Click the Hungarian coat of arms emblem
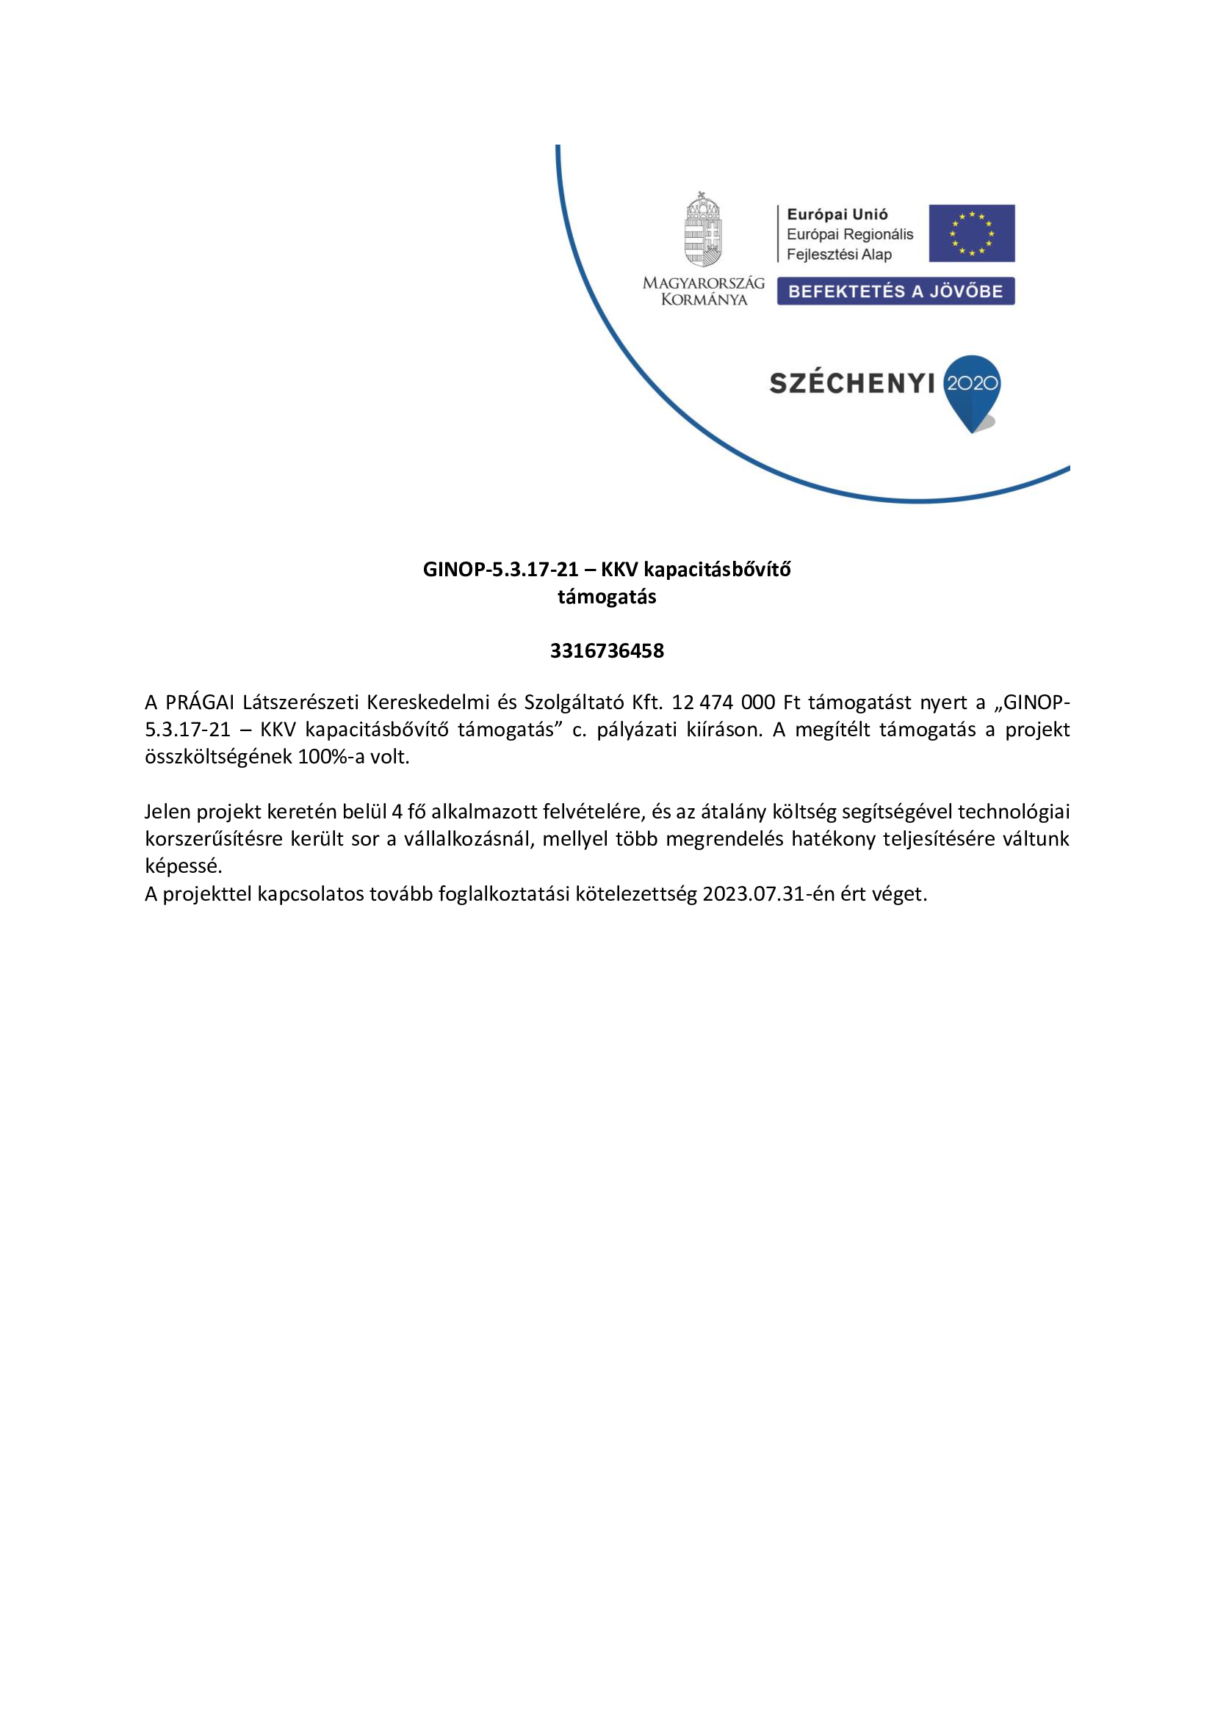point(703,230)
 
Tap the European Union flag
point(971,233)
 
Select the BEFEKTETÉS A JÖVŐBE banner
point(895,291)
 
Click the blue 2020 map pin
point(972,391)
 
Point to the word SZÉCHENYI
point(852,385)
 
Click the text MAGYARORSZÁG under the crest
point(703,283)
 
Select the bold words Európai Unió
point(837,214)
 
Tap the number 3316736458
point(607,650)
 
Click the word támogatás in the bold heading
point(607,597)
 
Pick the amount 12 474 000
point(723,703)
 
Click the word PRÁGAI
point(200,703)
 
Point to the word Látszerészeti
point(300,703)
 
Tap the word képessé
point(184,866)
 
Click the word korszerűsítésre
point(213,838)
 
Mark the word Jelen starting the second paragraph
point(167,811)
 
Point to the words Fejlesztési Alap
point(839,254)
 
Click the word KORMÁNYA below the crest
point(704,300)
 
